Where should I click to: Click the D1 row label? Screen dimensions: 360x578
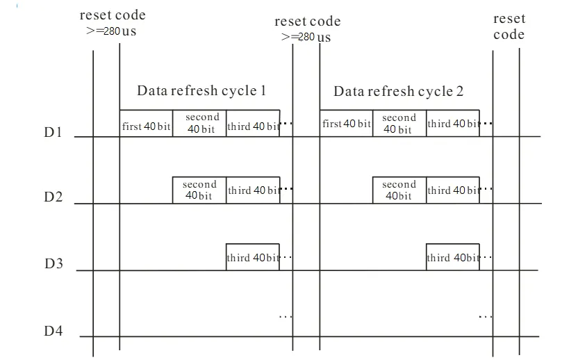coord(53,131)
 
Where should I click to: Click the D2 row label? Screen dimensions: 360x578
coord(53,197)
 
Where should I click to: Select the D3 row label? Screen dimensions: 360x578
coord(53,263)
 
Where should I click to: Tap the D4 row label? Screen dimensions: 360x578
coord(53,331)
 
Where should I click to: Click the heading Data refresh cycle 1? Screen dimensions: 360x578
coord(201,90)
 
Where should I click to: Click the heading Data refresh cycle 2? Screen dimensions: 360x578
coord(399,91)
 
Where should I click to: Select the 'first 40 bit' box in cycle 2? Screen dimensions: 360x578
coord(346,124)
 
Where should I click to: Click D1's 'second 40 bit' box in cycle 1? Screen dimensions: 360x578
coord(199,123)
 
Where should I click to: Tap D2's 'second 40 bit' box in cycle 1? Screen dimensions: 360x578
coord(199,190)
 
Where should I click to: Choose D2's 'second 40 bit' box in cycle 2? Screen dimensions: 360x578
coord(399,190)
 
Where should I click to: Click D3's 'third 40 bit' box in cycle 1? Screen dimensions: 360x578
coord(253,257)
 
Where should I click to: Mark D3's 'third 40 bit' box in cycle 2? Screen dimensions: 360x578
coord(452,257)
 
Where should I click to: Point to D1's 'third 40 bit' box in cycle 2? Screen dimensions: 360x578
coord(452,124)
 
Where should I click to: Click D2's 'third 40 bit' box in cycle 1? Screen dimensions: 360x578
coord(253,190)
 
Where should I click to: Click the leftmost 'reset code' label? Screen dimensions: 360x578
coord(113,15)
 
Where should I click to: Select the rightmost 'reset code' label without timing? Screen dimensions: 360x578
coord(509,27)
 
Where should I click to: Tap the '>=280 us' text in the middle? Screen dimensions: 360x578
coord(306,36)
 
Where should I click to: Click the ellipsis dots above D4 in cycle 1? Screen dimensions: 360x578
coord(286,316)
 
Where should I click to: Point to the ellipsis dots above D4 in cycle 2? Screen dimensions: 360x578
coord(485,316)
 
